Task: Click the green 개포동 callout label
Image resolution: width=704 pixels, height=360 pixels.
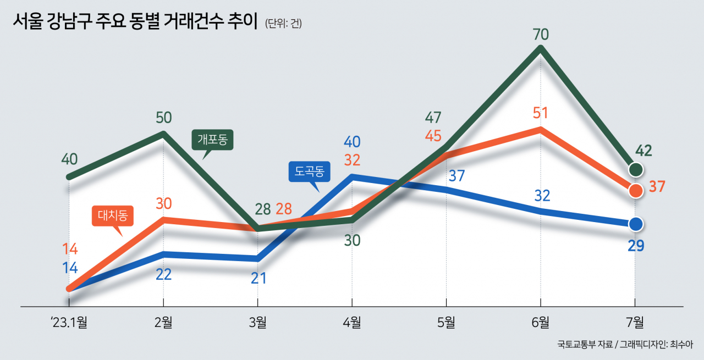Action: pos(213,140)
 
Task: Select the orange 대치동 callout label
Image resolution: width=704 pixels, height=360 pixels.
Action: pos(112,216)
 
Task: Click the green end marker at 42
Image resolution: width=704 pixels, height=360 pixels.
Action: pos(636,169)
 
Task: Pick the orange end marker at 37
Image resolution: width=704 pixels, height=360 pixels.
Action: pos(636,190)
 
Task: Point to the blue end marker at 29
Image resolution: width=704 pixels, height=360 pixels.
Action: pos(636,224)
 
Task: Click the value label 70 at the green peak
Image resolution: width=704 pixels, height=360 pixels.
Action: pos(541,34)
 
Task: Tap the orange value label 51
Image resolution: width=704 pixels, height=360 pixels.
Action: pos(541,113)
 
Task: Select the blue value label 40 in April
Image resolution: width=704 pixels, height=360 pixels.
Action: pos(352,142)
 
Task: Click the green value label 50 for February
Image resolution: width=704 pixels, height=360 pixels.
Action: pos(163,117)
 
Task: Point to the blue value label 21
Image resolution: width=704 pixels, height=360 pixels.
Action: pos(258,278)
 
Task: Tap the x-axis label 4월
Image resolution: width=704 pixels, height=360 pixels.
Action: pos(352,323)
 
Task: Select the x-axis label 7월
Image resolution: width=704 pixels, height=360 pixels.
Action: pos(635,323)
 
